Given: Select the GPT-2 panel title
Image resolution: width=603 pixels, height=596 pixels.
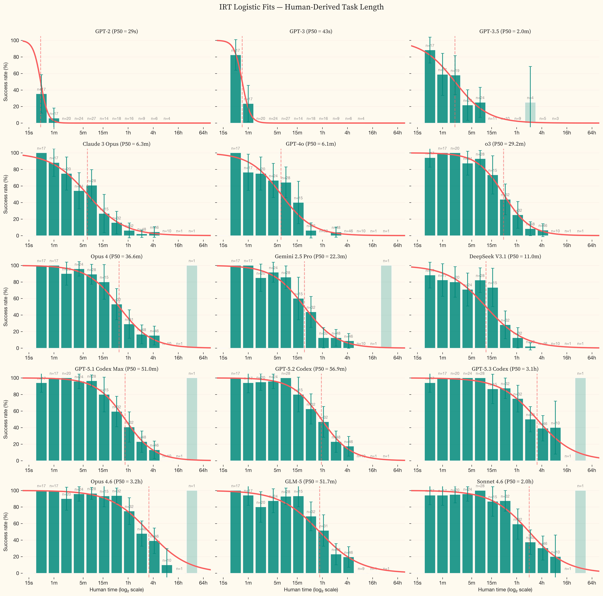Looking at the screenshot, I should (116, 32).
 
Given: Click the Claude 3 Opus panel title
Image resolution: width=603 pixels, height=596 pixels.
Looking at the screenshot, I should (116, 144).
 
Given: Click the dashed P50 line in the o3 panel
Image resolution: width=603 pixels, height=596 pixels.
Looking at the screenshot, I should (503, 193).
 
